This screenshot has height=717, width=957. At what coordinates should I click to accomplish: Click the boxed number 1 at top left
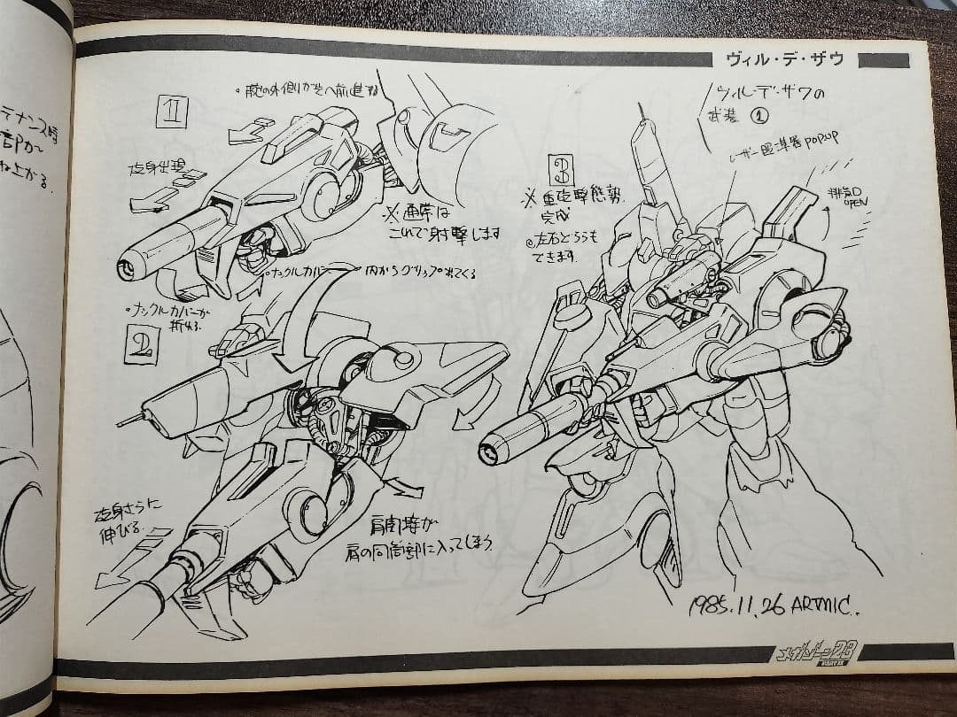[172, 112]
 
